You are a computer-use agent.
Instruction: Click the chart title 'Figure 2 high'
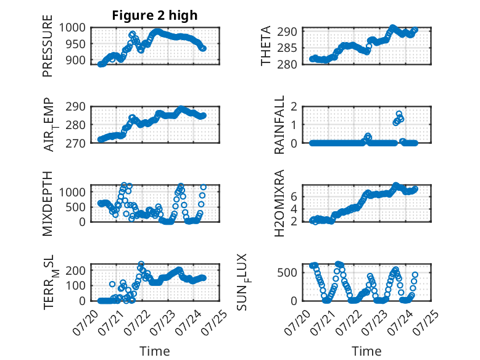coord(155,15)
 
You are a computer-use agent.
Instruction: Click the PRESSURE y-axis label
coord(48,46)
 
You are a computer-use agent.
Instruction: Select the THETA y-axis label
coord(266,46)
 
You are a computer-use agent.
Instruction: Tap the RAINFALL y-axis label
coord(279,125)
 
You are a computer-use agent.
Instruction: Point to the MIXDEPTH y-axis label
coord(48,204)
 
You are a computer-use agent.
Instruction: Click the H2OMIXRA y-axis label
coord(279,203)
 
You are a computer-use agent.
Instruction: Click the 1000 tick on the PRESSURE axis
coord(72,28)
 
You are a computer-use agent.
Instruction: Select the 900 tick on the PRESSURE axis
coord(76,61)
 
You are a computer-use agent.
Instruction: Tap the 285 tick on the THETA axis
coord(287,48)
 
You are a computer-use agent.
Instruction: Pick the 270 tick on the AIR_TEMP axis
coord(76,143)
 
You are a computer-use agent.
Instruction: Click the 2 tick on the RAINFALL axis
coord(294,107)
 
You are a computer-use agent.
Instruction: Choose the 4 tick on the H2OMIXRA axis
coord(294,209)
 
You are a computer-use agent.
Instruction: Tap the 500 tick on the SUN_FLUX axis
coord(287,273)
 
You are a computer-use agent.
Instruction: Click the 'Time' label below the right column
coord(366,351)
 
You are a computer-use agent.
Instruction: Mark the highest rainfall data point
coord(399,114)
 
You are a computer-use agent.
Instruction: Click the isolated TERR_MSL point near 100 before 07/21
coord(112,284)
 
